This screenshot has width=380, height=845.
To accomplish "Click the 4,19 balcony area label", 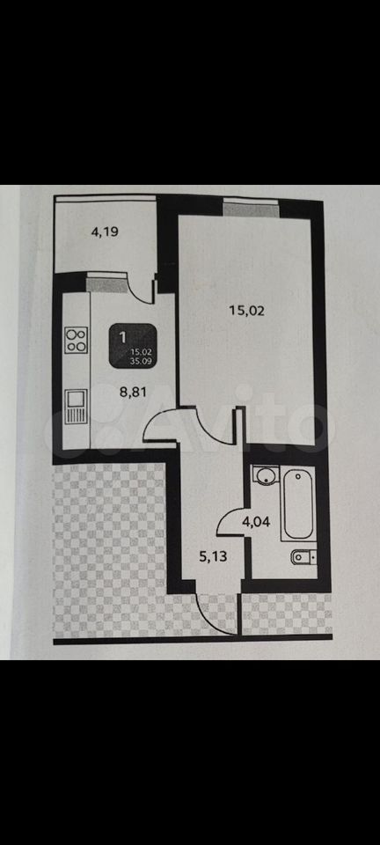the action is (105, 232).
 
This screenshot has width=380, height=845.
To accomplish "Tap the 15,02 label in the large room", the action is (246, 311).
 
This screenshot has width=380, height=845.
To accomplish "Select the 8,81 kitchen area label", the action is (134, 392).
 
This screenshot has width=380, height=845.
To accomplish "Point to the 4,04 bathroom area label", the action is (256, 522).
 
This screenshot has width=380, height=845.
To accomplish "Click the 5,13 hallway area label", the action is (214, 556).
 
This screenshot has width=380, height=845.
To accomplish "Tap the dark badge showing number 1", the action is (134, 347).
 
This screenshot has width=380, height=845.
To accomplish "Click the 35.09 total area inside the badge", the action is (140, 362).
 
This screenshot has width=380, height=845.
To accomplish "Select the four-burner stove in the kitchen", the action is (76, 340).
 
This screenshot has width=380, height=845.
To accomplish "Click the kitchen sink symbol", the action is (76, 407).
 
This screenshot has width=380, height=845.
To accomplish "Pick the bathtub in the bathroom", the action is (298, 503).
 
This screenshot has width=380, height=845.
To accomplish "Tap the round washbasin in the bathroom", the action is (265, 476).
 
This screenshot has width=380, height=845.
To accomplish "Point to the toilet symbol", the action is (303, 556).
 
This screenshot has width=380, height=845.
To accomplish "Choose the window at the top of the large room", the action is (252, 208).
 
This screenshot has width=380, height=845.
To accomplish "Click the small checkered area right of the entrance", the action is (286, 614).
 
